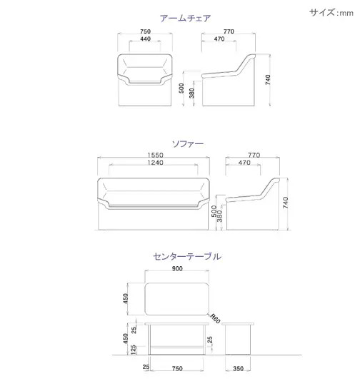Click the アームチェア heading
point(185,19)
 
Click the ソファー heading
point(188,144)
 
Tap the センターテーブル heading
point(187,257)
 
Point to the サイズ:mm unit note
point(331,12)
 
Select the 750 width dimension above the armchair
point(145,31)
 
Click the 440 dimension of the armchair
point(145,39)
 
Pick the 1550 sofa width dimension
point(155,155)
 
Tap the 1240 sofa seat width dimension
point(155,163)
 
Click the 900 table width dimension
point(177,268)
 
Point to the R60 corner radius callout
point(215,318)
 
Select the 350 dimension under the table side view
point(238,369)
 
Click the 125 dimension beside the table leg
point(134,350)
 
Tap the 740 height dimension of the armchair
point(268,80)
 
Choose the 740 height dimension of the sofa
point(285,203)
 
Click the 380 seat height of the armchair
point(192,93)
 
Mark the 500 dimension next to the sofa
point(214,211)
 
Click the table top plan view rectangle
point(177,299)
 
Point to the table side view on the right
point(238,339)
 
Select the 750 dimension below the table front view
point(177,369)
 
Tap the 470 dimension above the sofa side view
point(244,163)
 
